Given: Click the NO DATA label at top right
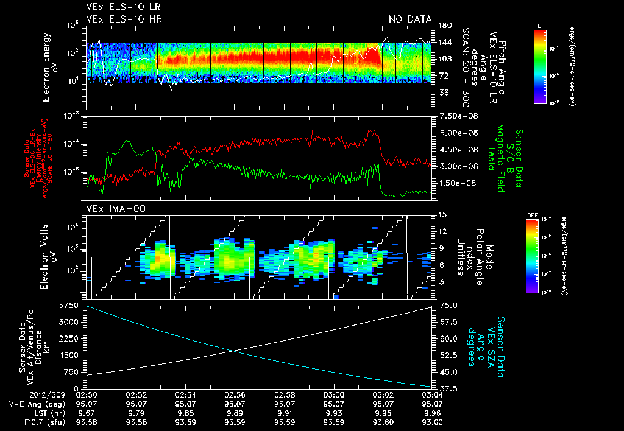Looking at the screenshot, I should coord(409,19).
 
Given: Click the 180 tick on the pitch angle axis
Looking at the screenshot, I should coord(443,26).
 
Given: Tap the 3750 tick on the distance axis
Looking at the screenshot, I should coord(69,305).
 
